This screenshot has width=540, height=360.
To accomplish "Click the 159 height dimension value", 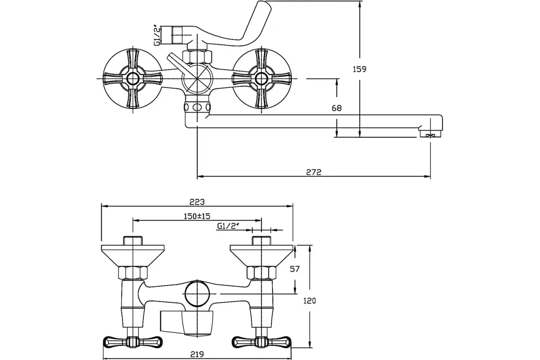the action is tap(360, 69).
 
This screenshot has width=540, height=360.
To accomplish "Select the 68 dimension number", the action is tap(337, 108).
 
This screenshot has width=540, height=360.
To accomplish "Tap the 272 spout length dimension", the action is tap(314, 172).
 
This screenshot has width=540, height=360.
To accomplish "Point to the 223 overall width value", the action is tap(197, 202).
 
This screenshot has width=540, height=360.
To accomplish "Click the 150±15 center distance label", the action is tap(197, 216).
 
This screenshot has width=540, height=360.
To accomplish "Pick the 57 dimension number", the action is tap(295, 269).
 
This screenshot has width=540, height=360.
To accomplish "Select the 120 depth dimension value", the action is tap(310, 301).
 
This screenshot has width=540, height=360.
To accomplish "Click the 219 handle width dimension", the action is tap(197, 354).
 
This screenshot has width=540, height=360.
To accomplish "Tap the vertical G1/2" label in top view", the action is tap(157, 35).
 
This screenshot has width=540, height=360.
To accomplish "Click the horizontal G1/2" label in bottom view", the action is tap(228, 226).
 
